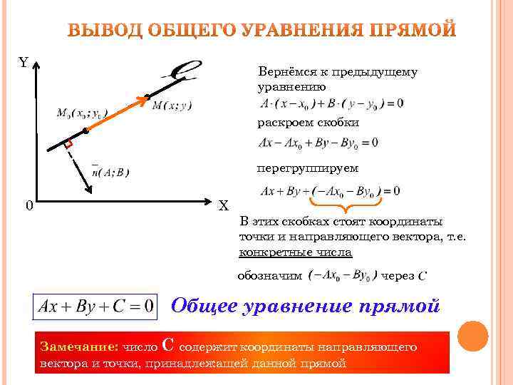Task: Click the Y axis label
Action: (x=24, y=63)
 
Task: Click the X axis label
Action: (x=223, y=206)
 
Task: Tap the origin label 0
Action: (x=28, y=206)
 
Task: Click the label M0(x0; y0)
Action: (x=83, y=113)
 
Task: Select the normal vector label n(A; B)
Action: (x=110, y=171)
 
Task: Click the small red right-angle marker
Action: (x=68, y=145)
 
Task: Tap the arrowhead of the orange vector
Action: (x=143, y=98)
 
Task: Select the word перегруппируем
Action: (x=308, y=168)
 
